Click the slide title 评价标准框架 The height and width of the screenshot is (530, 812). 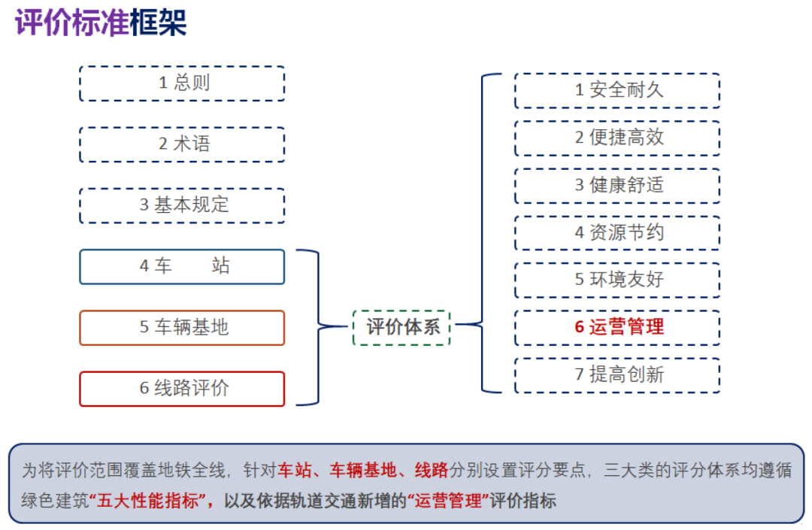(x=101, y=23)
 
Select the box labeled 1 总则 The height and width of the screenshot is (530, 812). (x=182, y=83)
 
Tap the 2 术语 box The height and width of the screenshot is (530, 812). (x=182, y=144)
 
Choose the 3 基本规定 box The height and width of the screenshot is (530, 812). (x=182, y=205)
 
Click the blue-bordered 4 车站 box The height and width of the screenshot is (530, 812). (x=182, y=266)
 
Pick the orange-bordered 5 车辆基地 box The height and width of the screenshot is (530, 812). (x=182, y=328)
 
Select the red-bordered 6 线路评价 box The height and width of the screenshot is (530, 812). (x=182, y=389)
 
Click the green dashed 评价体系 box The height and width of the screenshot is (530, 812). (x=401, y=327)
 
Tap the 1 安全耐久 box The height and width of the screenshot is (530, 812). (x=617, y=90)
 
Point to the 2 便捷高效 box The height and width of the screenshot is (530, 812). (x=617, y=138)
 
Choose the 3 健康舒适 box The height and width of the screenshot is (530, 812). (x=617, y=185)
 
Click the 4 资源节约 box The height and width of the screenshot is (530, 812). (x=617, y=232)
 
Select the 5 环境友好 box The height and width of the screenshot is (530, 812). (x=617, y=280)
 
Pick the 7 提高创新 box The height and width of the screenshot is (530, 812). (x=617, y=374)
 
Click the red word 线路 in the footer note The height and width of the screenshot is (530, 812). (x=432, y=471)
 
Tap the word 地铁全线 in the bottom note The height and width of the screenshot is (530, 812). (x=192, y=471)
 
